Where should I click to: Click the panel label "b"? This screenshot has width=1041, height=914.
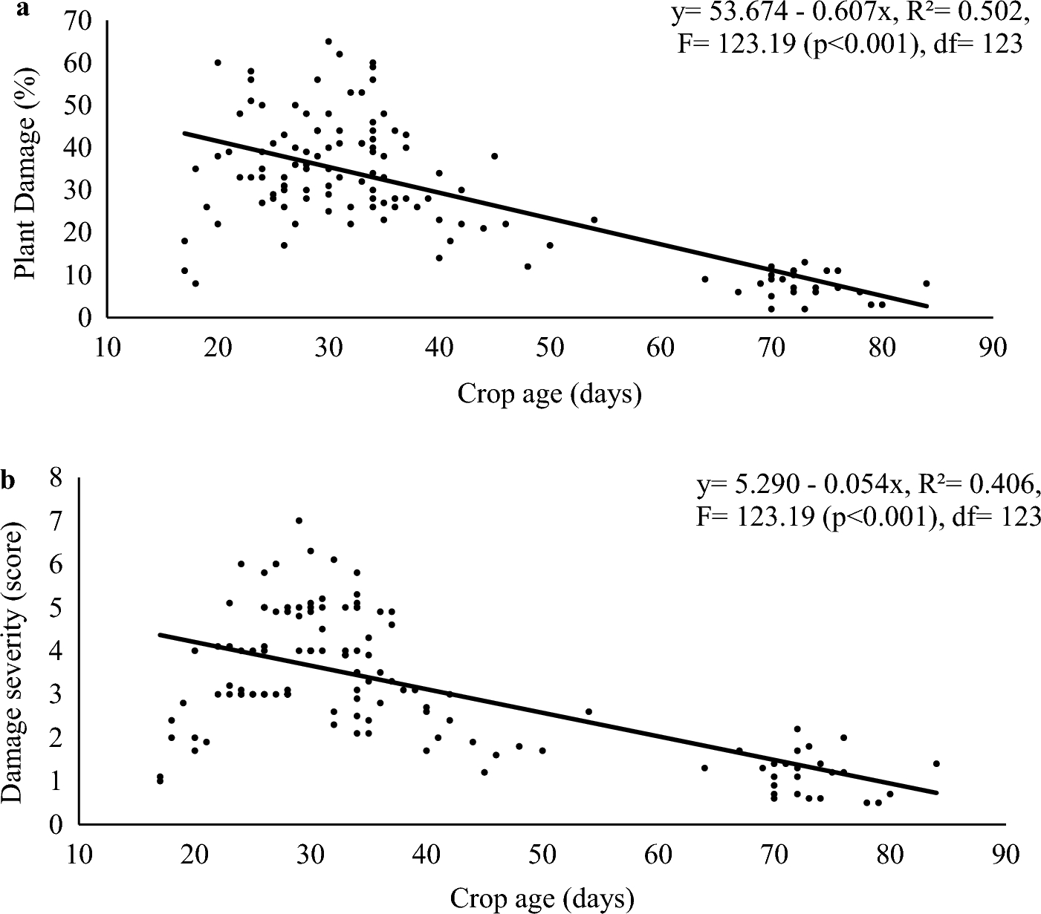[x=8, y=482]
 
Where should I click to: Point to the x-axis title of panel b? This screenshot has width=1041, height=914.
[x=542, y=899]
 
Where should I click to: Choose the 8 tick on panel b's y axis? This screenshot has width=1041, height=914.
[x=56, y=477]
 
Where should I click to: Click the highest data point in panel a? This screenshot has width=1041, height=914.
[x=328, y=42]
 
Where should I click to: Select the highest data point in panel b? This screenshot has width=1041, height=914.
[x=299, y=520]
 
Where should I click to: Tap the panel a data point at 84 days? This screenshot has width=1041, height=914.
[x=926, y=284]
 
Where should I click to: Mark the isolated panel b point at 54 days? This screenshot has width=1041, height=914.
[x=588, y=711]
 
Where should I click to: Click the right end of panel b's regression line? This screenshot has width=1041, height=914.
[x=938, y=793]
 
